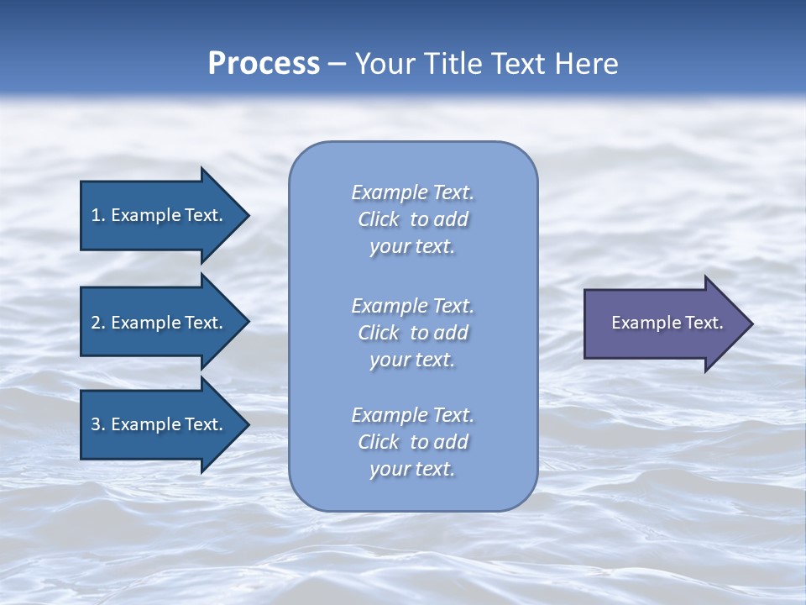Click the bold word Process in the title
264,64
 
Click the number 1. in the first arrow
98,215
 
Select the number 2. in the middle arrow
98,323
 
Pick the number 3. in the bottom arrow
98,424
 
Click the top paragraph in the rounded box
413,219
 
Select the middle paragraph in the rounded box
413,333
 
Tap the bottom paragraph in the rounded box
413,442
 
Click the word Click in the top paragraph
378,219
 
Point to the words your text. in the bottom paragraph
412,469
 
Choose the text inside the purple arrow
667,323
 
